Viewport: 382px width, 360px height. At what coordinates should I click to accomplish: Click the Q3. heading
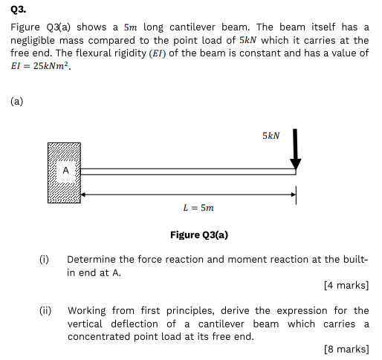tap(18, 10)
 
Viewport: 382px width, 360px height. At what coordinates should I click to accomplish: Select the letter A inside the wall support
tap(65, 170)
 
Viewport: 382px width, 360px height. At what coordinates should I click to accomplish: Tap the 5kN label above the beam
tap(271, 136)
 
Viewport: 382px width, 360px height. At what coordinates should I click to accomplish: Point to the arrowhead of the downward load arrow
tap(295, 164)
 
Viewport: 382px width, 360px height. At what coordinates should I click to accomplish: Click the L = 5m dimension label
tap(198, 208)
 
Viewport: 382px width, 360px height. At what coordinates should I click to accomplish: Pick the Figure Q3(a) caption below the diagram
tap(199, 235)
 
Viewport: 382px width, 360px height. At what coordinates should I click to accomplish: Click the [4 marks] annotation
tap(346, 285)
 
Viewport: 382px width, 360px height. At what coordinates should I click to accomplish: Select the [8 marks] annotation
tap(346, 349)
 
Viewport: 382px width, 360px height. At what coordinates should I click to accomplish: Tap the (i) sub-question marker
tap(44, 259)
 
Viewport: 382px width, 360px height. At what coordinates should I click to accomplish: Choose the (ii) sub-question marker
tap(45, 310)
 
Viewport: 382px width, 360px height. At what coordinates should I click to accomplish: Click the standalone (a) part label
tap(16, 101)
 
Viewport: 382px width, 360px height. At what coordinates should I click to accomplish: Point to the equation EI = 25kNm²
tap(41, 66)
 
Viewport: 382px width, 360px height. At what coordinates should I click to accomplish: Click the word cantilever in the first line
tap(192, 27)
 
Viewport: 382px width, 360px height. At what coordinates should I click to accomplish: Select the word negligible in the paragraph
tap(32, 40)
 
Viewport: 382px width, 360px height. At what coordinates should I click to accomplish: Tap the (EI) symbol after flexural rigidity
tap(158, 53)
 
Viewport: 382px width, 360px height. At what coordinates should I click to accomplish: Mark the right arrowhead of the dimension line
tap(294, 194)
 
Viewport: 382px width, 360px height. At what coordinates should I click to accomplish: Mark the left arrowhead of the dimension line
tap(83, 194)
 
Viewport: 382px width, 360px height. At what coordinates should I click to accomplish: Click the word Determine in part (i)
tap(91, 259)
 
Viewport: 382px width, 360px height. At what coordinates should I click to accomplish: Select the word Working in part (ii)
tap(87, 311)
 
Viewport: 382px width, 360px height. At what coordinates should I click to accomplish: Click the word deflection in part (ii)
tap(135, 324)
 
